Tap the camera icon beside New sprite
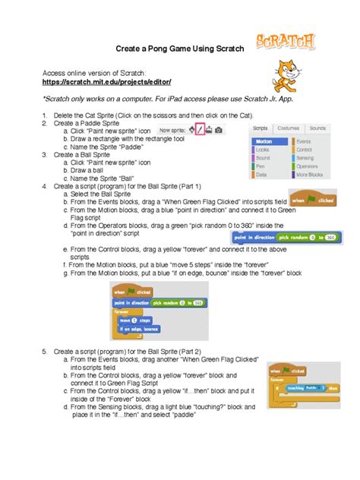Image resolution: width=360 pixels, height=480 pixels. [x=219, y=130]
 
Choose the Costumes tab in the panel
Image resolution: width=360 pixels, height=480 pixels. [x=288, y=128]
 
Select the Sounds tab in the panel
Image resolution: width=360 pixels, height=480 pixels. [x=317, y=128]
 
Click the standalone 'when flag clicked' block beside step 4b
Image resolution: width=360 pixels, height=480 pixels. [x=313, y=200]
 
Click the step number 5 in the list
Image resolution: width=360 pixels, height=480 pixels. [x=45, y=352]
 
